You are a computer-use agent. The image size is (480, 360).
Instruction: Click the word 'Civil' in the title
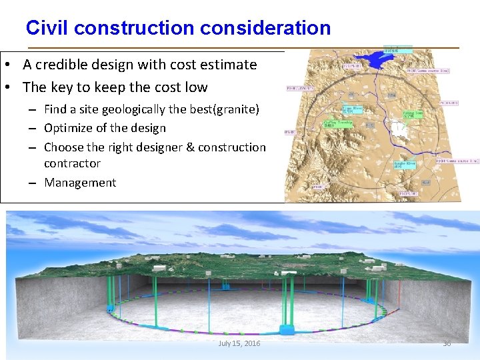[47, 28]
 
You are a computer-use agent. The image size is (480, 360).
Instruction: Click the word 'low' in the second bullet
[197, 87]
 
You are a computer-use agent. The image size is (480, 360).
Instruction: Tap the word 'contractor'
[72, 163]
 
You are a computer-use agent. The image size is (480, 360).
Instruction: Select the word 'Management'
[80, 183]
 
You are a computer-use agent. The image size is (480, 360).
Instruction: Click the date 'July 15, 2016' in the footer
[239, 343]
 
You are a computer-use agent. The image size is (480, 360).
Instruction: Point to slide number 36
[447, 343]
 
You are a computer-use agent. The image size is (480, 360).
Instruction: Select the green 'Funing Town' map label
[413, 114]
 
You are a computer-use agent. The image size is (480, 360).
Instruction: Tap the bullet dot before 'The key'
[13, 87]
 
